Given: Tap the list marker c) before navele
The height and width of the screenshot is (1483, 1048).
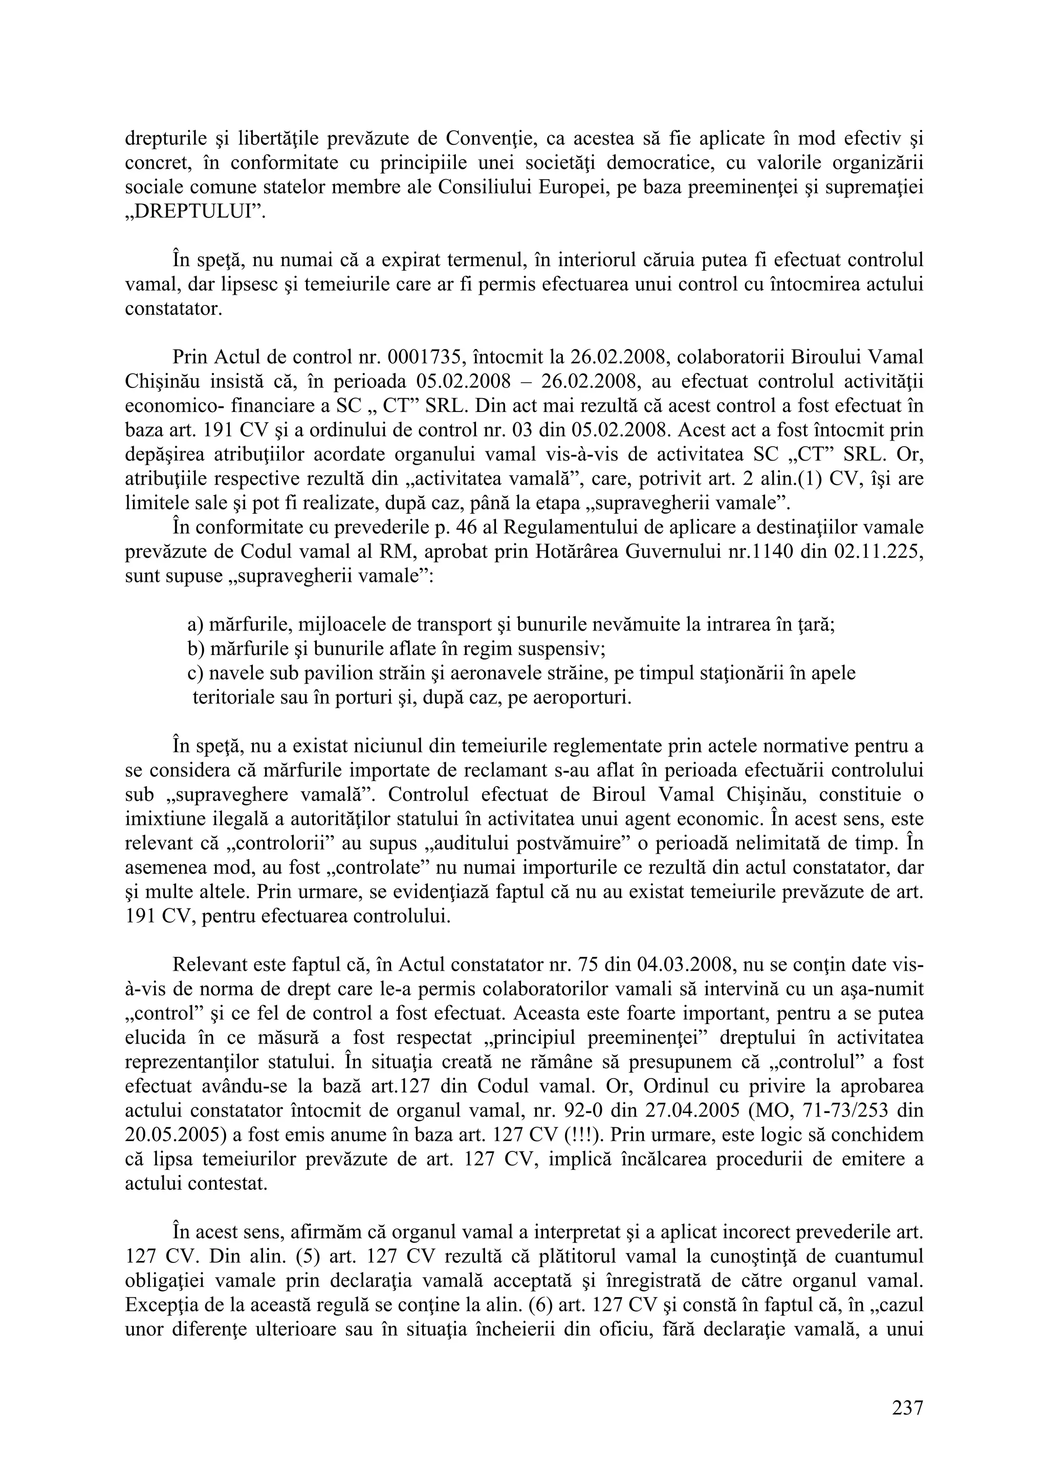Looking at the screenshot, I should click(195, 673).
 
